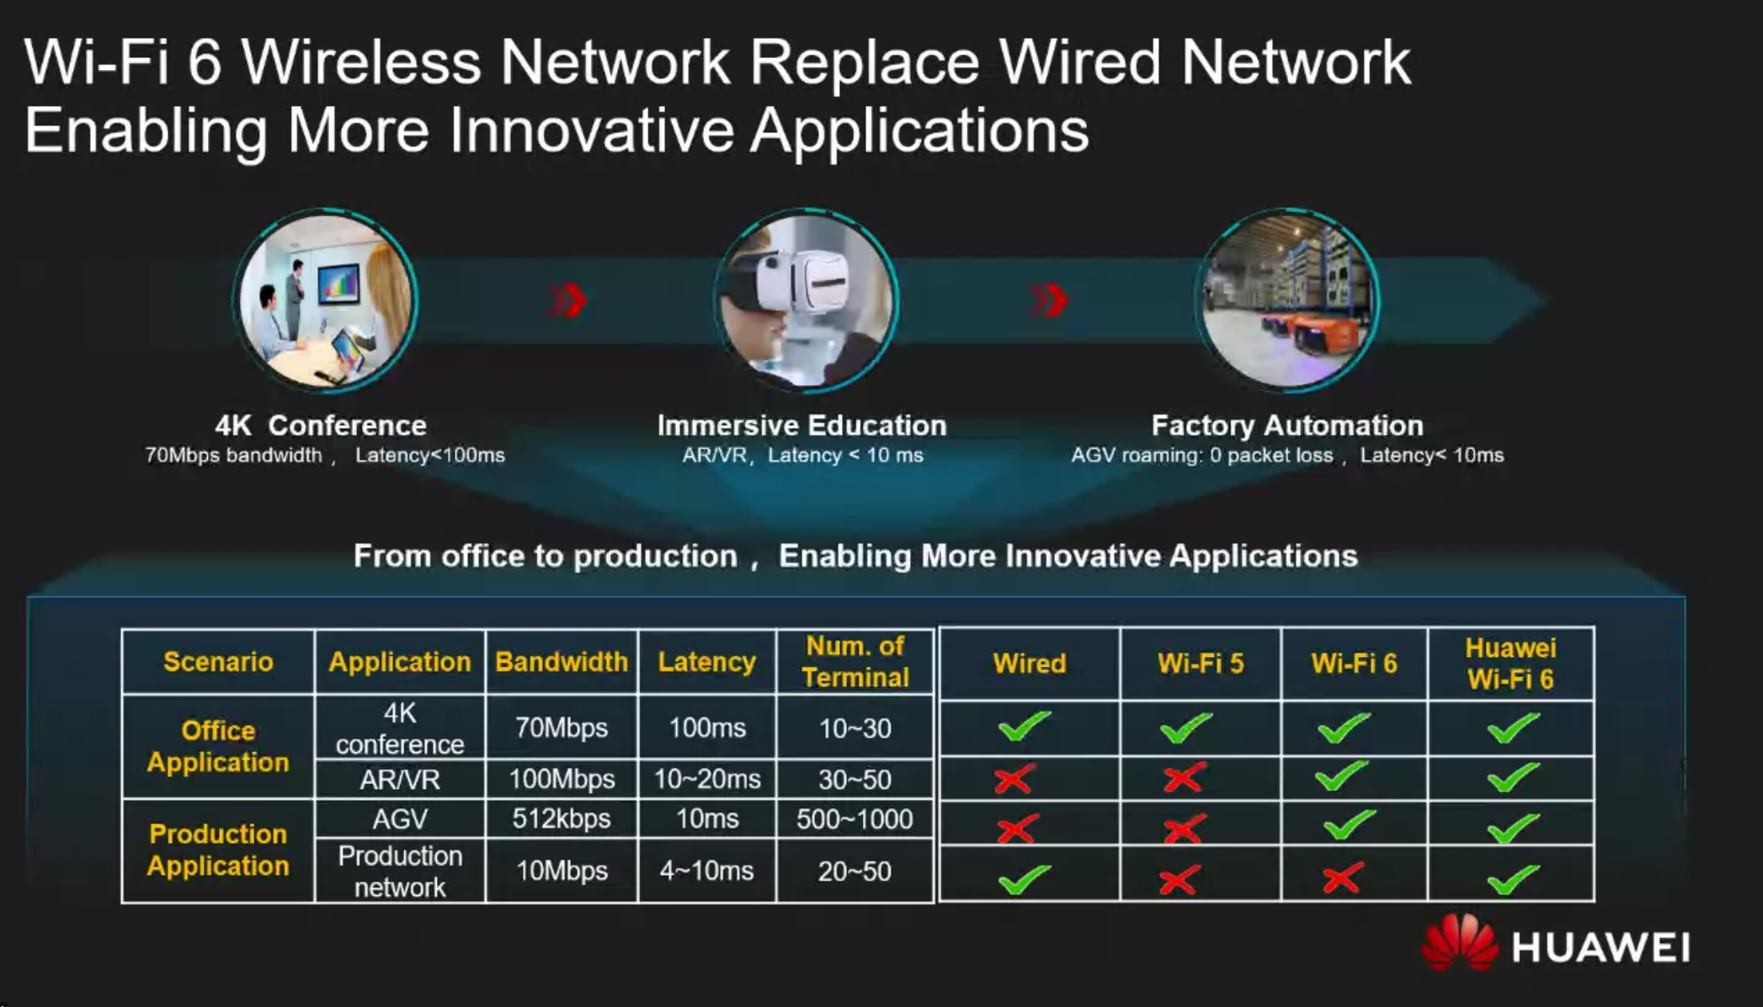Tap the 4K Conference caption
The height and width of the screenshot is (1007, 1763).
pos(321,425)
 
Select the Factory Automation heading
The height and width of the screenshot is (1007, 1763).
pos(1287,425)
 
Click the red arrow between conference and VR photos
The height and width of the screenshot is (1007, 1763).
pos(567,301)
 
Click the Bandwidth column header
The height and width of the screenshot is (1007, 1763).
pos(562,662)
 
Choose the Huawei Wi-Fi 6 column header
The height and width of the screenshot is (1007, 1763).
pos(1510,663)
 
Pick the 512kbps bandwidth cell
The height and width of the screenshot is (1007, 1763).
pos(562,818)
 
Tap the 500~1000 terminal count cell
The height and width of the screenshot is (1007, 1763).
pos(855,819)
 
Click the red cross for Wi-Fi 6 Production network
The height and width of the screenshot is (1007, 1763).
pos(1342,879)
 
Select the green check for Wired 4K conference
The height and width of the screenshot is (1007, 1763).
pos(1025,726)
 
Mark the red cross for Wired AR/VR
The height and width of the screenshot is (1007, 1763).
pos(1014,779)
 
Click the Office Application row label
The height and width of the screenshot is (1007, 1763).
pos(218,746)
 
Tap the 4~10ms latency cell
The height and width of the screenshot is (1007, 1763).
pos(706,871)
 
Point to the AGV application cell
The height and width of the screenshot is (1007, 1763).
pos(400,819)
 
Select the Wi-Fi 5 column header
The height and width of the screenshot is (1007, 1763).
pos(1201,663)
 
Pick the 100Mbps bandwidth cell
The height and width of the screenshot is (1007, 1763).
pos(562,780)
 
